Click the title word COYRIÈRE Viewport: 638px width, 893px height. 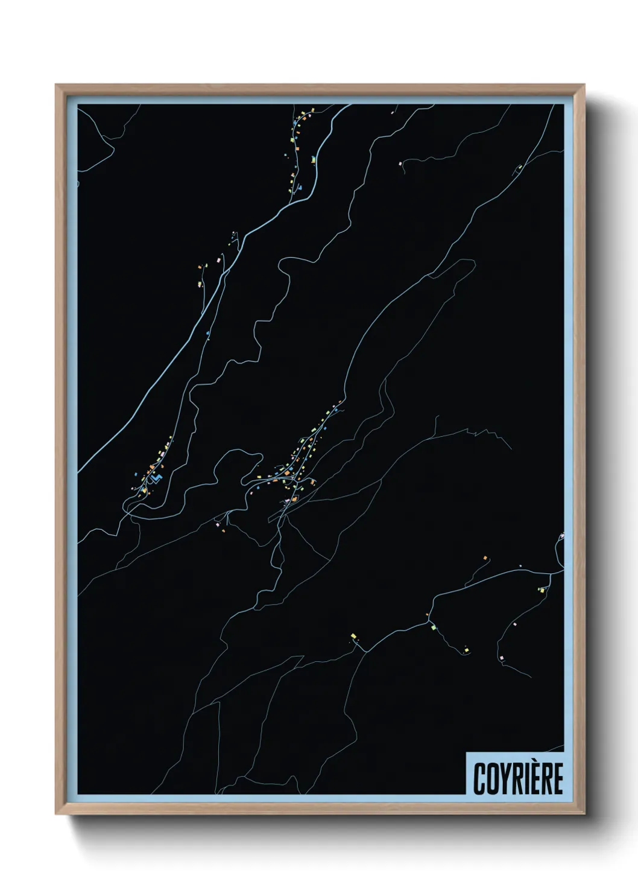[517, 778]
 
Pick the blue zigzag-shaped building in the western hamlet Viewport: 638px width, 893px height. [157, 478]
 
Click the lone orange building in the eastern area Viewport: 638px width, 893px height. [485, 559]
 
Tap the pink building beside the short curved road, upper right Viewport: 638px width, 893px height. [400, 163]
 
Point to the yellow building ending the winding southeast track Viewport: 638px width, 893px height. [466, 650]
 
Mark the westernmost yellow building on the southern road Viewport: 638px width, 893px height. [353, 635]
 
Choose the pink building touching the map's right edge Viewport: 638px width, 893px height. [561, 535]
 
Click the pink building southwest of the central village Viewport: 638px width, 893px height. [218, 524]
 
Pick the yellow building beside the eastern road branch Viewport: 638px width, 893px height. [541, 590]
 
